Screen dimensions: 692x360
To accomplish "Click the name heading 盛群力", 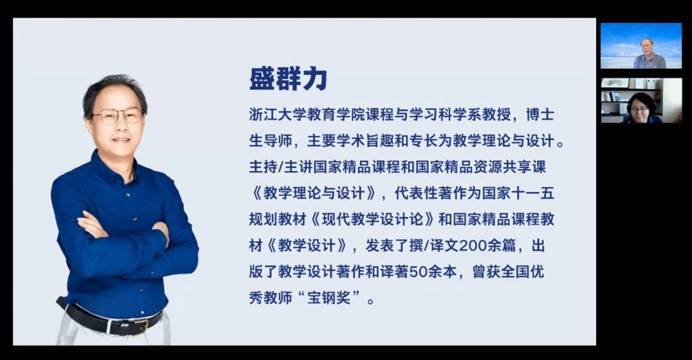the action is click(x=288, y=79).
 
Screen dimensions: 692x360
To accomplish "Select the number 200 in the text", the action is click(x=474, y=245).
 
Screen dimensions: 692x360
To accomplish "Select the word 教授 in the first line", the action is click(x=497, y=115).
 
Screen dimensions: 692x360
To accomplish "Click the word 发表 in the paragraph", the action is click(x=380, y=245).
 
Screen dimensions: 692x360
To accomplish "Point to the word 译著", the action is click(x=395, y=272).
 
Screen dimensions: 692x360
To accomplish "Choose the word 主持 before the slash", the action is click(x=263, y=168).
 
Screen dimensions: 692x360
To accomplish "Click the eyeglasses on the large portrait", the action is click(x=118, y=115).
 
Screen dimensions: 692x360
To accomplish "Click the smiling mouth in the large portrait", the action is click(x=120, y=139).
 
